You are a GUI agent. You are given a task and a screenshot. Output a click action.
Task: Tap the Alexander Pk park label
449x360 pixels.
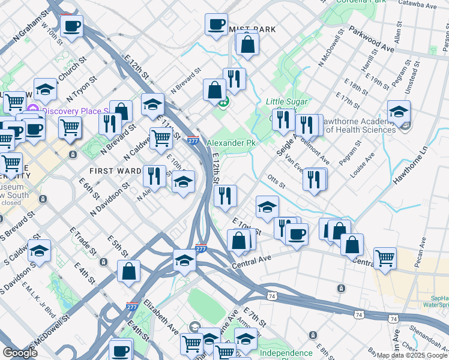pos(230,143)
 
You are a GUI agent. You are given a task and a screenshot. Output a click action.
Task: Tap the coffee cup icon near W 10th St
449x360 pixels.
pos(71,26)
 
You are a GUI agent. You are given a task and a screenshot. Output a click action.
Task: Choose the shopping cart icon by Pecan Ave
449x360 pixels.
pos(385,258)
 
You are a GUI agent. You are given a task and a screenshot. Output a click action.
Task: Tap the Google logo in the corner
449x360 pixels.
pos(20,352)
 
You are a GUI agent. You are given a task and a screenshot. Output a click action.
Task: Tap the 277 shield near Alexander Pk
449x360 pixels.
pos(193,141)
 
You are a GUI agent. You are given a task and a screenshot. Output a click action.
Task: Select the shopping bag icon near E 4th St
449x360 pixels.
pos(129,271)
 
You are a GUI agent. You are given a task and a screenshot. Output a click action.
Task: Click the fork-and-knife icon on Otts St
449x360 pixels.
pos(315,178)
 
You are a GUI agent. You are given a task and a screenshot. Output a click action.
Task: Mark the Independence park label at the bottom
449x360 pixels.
pos(286,353)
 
